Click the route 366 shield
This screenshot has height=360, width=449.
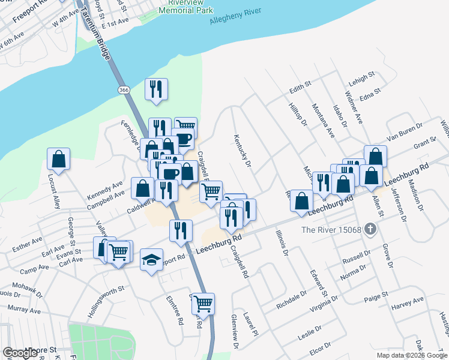(x=124, y=89)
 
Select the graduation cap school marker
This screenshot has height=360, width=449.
(x=151, y=260)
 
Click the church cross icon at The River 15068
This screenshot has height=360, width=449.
(x=370, y=229)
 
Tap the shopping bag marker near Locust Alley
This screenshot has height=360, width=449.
(x=58, y=160)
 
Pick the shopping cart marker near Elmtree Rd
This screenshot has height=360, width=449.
(x=203, y=304)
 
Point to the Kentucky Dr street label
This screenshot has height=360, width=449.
(x=243, y=150)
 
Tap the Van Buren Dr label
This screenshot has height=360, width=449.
(x=405, y=133)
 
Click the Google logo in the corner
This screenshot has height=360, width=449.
(x=22, y=353)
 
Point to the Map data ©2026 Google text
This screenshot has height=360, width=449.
(x=411, y=355)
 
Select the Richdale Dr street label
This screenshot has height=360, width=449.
(x=292, y=298)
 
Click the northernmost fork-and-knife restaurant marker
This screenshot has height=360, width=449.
(x=155, y=89)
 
